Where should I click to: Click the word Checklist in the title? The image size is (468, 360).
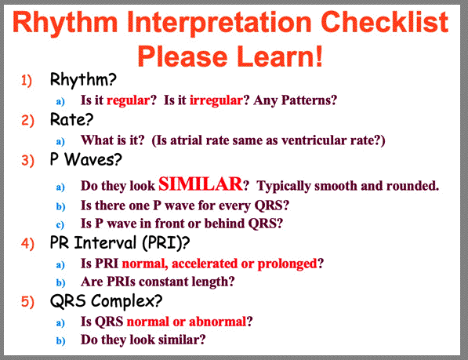click(384, 22)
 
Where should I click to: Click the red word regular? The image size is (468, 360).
click(128, 100)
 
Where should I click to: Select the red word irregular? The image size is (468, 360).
click(216, 100)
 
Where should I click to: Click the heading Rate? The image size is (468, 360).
click(71, 120)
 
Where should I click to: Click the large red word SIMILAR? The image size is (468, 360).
click(200, 184)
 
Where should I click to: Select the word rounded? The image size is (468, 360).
click(412, 186)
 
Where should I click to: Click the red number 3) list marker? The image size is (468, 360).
click(27, 160)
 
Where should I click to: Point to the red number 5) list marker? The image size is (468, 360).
click(27, 301)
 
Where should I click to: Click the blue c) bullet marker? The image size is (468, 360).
click(60, 224)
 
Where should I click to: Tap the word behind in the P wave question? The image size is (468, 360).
click(224, 224)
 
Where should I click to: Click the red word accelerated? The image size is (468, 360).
click(205, 264)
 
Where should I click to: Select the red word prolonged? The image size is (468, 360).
click(287, 264)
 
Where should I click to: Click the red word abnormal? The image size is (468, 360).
click(217, 322)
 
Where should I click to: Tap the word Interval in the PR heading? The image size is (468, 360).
click(105, 242)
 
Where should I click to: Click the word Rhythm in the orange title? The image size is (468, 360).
click(65, 24)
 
